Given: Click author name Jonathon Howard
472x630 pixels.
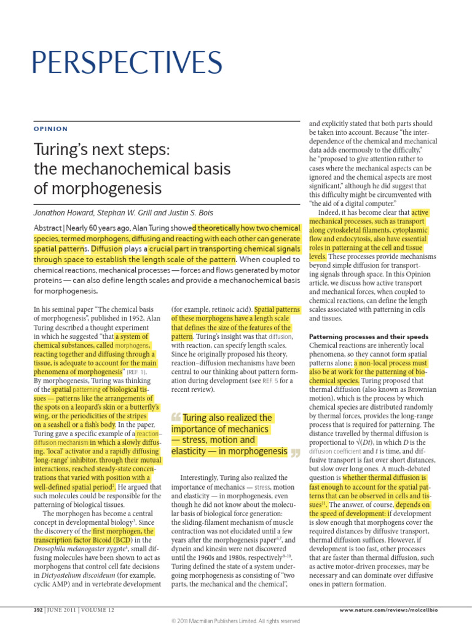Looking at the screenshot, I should click(65, 213).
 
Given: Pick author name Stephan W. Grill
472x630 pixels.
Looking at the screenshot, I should click(127, 213).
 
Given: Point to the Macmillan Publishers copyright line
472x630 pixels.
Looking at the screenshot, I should click(235, 621).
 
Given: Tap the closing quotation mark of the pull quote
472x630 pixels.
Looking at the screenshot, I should click(295, 454).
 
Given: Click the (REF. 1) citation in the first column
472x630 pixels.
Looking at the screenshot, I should click(136, 372).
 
